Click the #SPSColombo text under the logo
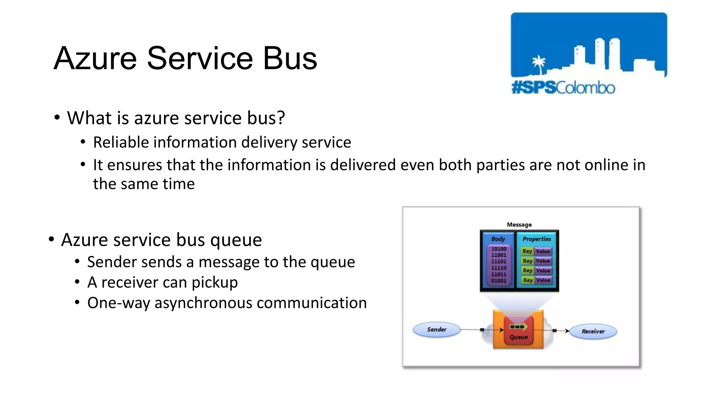563,88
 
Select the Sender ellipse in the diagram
436,330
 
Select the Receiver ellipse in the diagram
593,331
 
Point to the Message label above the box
519,225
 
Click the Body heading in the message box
498,239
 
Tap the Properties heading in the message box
536,239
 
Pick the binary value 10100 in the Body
498,249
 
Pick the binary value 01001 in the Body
498,281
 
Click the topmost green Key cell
527,251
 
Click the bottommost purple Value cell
543,280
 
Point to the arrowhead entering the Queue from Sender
502,330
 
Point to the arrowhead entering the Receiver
567,331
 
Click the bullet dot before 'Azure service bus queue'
51,239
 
